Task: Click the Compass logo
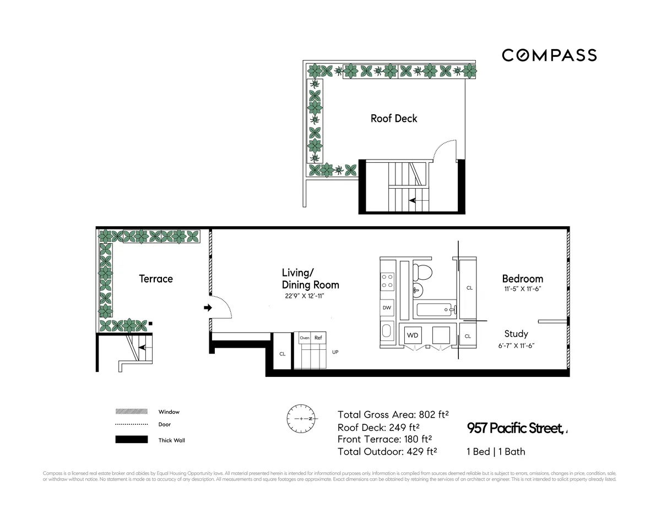click(549, 55)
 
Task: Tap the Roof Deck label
click(394, 119)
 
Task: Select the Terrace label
click(156, 279)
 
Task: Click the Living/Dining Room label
click(310, 279)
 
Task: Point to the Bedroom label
click(522, 279)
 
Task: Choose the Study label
click(516, 334)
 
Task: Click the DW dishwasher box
click(387, 307)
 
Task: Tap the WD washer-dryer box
click(413, 335)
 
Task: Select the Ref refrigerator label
click(318, 338)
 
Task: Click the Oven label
click(305, 338)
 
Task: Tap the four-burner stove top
click(387, 281)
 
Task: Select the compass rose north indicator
click(301, 419)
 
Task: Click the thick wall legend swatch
click(131, 440)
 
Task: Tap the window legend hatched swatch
click(131, 412)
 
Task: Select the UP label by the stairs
click(335, 351)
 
